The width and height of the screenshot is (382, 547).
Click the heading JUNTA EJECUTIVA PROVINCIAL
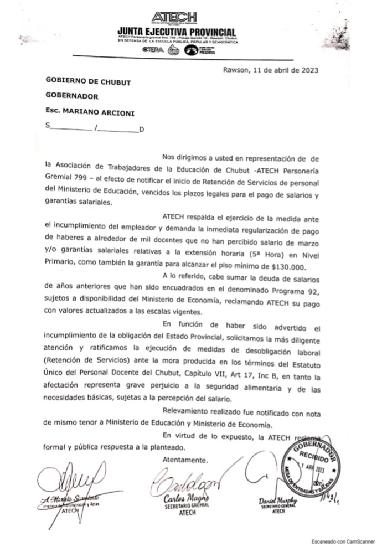click(177, 32)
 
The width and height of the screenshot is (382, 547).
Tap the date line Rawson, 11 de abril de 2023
click(270, 70)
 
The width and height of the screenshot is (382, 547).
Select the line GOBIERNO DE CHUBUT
click(89, 82)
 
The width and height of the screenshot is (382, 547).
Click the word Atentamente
click(185, 460)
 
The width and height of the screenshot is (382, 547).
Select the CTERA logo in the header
click(153, 49)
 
